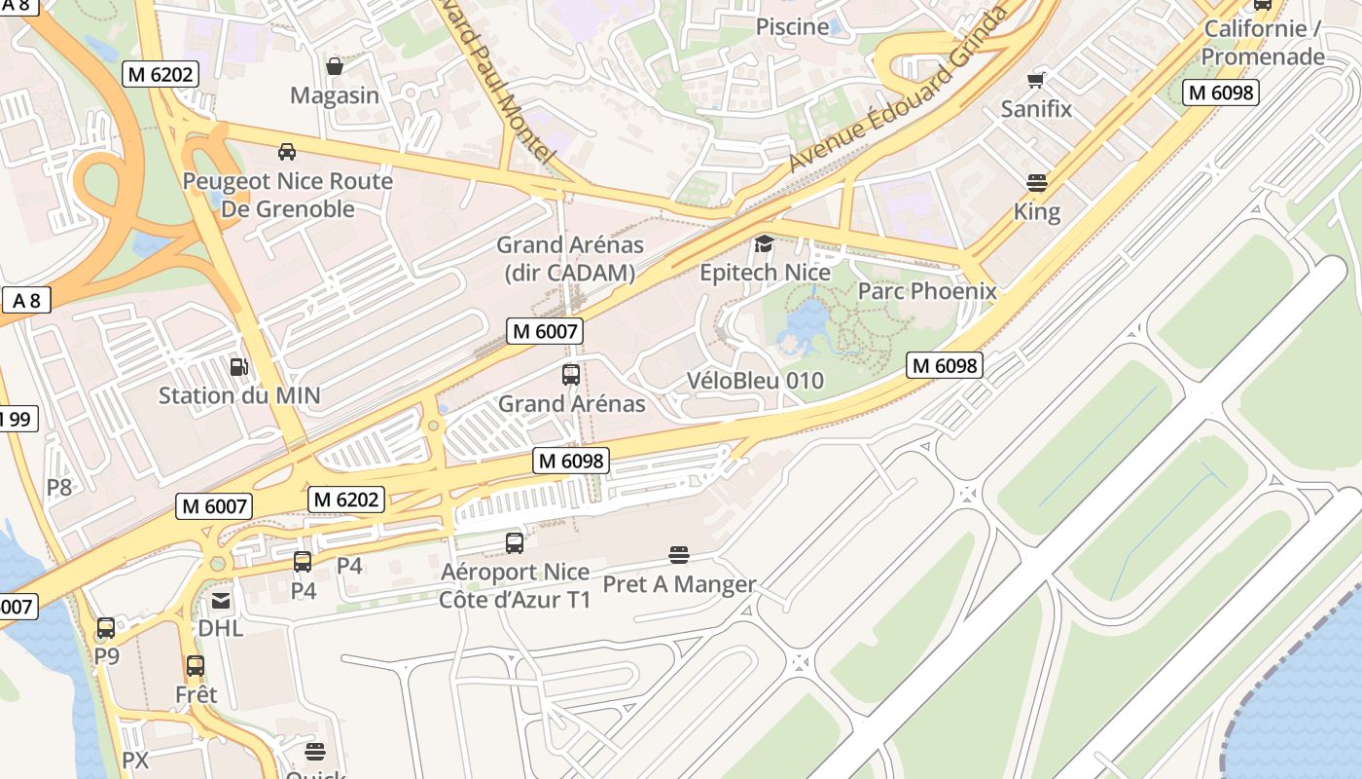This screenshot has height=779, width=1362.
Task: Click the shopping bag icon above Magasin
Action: point(335,66)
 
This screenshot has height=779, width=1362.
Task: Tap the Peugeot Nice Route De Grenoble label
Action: point(288,195)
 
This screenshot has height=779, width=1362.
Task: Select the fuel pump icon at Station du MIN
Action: point(238,367)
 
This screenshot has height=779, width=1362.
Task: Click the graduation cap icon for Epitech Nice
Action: point(765,243)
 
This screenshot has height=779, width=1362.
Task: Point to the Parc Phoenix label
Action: point(926,291)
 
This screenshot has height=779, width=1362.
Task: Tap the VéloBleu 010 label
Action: point(755,381)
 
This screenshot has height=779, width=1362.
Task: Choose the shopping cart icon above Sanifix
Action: point(1037,80)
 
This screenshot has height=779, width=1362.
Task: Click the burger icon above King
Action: point(1037,182)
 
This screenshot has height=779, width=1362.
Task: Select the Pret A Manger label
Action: point(679,584)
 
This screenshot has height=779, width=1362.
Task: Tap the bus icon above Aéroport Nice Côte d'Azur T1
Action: point(515,543)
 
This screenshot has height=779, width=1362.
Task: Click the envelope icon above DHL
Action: point(221,600)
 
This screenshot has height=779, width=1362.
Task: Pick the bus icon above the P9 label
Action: point(106,628)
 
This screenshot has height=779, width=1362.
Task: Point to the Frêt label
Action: point(196,694)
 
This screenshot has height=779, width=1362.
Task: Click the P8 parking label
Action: point(59,487)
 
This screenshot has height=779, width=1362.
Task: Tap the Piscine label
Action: point(792,26)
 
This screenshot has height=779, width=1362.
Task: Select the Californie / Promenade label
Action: point(1262,43)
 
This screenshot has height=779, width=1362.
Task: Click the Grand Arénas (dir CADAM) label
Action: point(570,259)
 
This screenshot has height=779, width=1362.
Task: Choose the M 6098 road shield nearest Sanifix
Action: point(1221,93)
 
